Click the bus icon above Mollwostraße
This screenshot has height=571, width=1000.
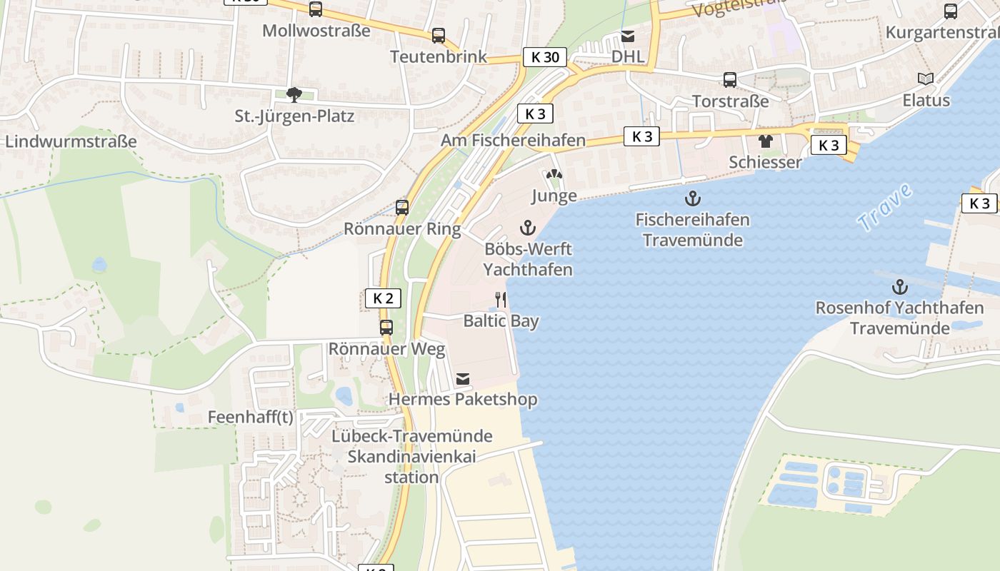(315, 9)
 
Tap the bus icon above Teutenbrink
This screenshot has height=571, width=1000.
(439, 35)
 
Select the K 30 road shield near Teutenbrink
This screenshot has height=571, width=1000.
(545, 57)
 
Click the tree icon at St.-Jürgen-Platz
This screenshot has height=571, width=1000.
(294, 94)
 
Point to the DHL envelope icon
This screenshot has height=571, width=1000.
(628, 36)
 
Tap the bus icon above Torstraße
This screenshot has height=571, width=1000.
(729, 80)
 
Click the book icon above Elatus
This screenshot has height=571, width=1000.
(926, 79)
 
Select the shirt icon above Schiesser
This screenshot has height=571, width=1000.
(766, 141)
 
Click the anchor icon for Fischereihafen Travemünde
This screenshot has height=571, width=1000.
(692, 198)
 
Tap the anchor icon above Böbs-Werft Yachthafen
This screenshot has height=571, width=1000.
(527, 228)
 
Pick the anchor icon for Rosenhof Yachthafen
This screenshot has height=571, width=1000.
(900, 288)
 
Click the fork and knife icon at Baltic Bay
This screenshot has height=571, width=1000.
(501, 300)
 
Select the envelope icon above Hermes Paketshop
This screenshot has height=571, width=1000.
(463, 378)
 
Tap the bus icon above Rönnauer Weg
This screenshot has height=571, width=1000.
(386, 328)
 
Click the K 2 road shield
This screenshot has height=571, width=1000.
(383, 298)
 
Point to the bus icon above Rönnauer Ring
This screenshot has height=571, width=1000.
(402, 208)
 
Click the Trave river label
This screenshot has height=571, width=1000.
(885, 208)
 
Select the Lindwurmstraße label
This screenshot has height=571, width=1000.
(70, 141)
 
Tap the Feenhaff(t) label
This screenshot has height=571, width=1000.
(250, 417)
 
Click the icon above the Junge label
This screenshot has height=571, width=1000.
(554, 174)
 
